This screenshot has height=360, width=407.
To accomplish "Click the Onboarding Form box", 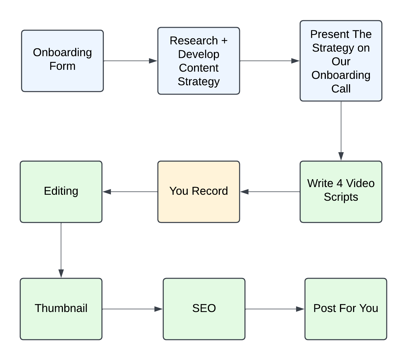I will point(62,61).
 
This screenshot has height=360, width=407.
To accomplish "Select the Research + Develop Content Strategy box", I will point(199,61).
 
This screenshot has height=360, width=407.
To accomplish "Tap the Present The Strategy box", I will point(341,61).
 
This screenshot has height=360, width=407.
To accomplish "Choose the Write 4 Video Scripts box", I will point(341,192).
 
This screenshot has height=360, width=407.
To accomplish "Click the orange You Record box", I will point(199,192).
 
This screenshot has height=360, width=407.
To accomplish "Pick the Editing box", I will point(61,192).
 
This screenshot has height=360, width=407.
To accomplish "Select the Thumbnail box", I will point(61,309).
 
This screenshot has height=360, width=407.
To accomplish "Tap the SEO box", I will point(204,309).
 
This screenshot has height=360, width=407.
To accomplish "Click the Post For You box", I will point(346,309).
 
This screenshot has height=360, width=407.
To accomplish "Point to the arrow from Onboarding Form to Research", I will point(130,61).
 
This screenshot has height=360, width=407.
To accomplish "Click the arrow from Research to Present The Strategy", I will point(270,61).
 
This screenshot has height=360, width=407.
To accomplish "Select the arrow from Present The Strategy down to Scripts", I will point(341,131).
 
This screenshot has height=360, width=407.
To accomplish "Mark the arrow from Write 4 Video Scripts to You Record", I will point(270,192).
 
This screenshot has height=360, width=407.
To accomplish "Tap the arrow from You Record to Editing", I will point(130,192).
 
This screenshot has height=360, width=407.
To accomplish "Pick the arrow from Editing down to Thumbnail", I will point(61,250).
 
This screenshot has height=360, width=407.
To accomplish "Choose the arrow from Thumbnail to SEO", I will point(133,309).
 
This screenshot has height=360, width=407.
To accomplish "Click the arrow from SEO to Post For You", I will point(275,309).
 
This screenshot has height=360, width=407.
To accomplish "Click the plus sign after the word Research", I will point(224,41).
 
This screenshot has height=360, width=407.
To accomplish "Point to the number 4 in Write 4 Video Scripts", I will point(339,184).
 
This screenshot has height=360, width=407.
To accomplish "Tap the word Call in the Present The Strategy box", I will point(341,89).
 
